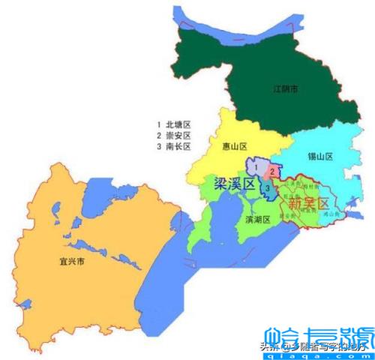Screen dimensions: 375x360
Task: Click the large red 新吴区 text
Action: pos(304,203)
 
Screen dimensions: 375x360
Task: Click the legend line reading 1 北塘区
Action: pos(174,123)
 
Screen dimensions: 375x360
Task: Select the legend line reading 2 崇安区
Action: pos(174,135)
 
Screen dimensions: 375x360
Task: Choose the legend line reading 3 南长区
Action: pos(174,147)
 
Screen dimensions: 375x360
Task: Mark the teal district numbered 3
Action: pos(267,187)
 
